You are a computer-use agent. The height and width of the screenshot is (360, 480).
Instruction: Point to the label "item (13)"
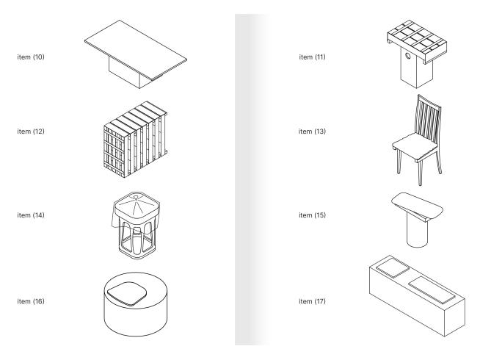(313, 132)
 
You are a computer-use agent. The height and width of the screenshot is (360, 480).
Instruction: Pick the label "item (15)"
(313, 215)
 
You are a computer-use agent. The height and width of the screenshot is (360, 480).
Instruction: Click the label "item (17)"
(313, 300)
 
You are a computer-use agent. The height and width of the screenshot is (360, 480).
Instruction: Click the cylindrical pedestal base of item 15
(415, 233)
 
